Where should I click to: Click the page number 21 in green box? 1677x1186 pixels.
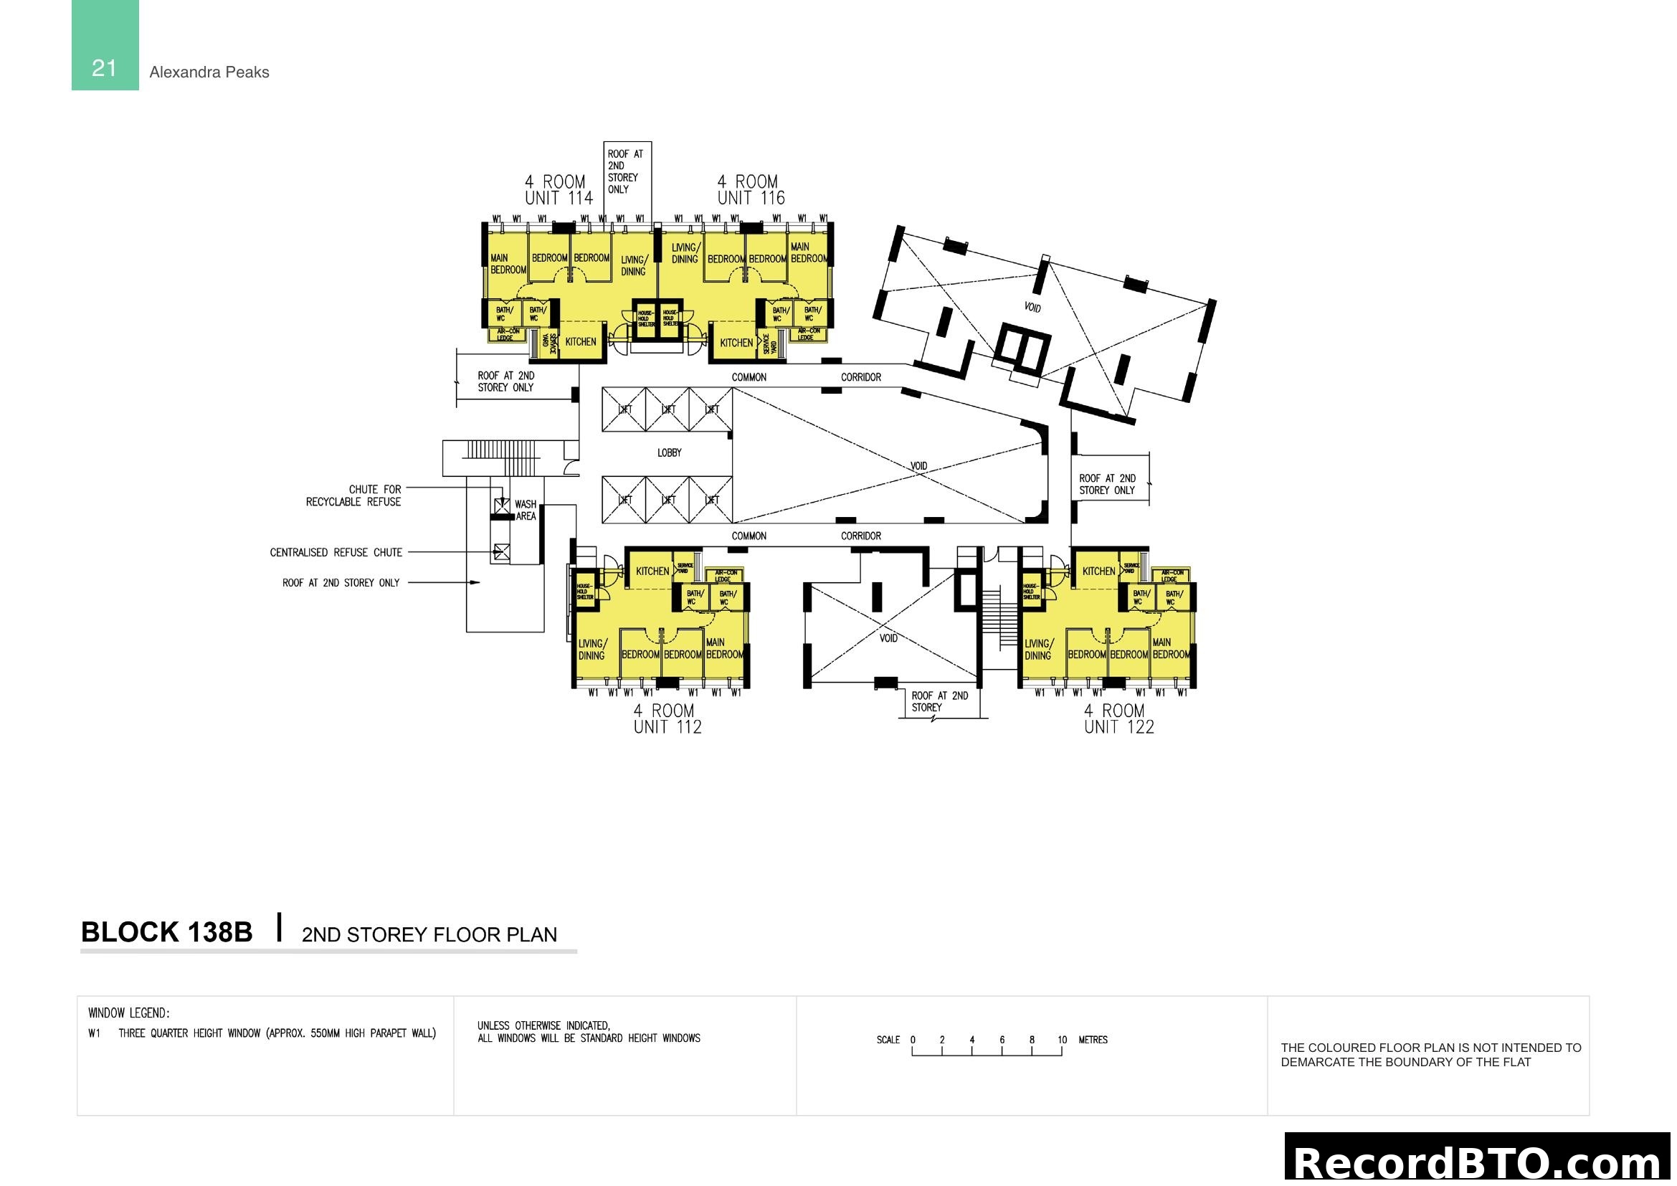(x=105, y=68)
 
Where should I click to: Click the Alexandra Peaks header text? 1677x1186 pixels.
(x=209, y=72)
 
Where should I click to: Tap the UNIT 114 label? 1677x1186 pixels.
(x=558, y=198)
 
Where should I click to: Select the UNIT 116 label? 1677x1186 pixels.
(x=750, y=198)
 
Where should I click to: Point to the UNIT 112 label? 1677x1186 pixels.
(x=667, y=727)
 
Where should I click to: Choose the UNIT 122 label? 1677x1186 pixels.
(x=1118, y=727)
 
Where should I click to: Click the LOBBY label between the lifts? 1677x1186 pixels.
(x=669, y=452)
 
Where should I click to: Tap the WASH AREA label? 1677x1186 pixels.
(x=525, y=510)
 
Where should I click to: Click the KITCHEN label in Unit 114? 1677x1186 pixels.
(x=581, y=342)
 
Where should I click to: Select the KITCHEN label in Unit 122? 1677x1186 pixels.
(x=1098, y=571)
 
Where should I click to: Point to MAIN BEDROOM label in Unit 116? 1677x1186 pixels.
(x=809, y=252)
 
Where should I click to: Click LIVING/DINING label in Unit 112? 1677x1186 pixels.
(x=592, y=649)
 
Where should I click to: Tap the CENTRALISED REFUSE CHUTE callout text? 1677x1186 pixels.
(x=336, y=553)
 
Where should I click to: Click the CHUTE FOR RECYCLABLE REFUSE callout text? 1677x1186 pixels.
(x=353, y=496)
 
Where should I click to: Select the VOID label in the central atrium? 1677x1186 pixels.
(x=918, y=466)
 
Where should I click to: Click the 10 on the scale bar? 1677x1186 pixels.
(x=1061, y=1040)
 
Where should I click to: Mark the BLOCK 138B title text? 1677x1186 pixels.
(x=166, y=933)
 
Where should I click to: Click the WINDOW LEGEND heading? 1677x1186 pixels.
(x=129, y=1013)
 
